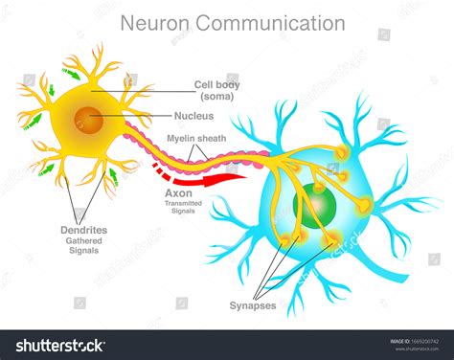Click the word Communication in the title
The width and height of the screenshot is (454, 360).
tap(277, 22)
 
